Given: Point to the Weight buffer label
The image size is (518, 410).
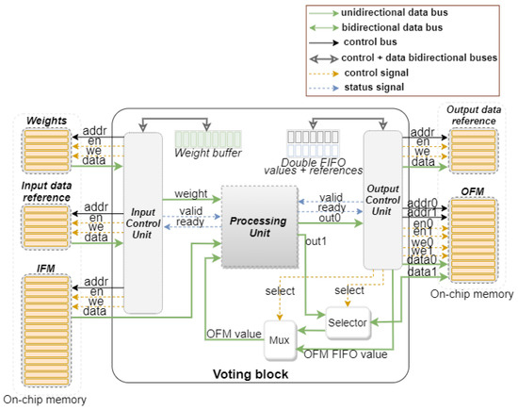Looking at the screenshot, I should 207,154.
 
